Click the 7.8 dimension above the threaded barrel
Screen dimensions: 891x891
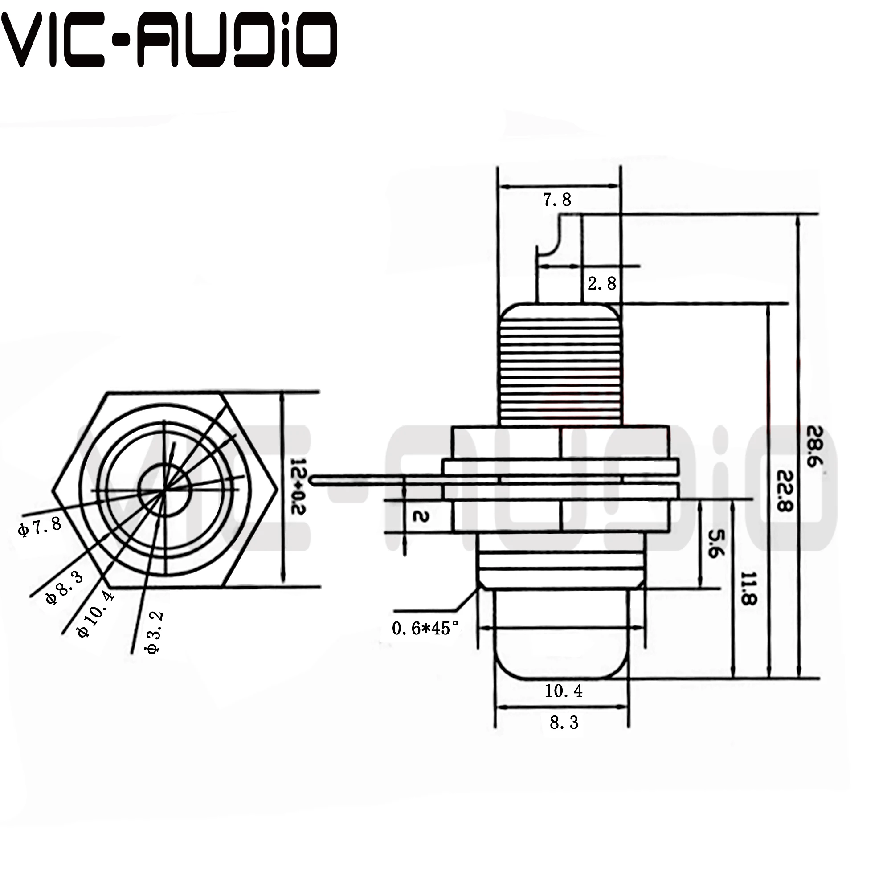point(556,200)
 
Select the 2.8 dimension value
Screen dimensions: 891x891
point(601,283)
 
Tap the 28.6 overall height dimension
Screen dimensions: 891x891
point(814,446)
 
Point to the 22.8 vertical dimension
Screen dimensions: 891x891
point(784,490)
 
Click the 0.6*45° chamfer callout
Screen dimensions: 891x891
point(425,628)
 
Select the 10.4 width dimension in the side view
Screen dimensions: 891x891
point(563,691)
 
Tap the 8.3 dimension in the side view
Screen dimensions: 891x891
point(564,722)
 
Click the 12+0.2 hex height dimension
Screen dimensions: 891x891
point(299,486)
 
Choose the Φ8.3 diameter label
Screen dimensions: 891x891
point(65,588)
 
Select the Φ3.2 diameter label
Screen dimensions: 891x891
point(154,632)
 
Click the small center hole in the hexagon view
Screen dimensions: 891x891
point(165,490)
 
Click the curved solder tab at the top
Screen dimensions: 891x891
point(553,240)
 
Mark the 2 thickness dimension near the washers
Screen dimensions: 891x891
point(420,516)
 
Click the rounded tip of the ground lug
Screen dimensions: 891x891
point(314,480)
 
